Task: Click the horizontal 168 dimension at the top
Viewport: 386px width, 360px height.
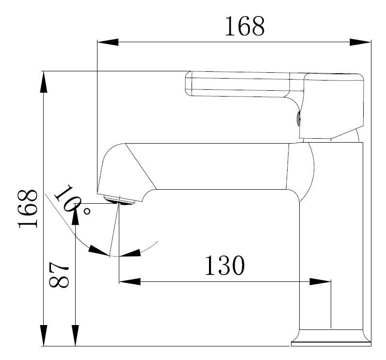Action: pyautogui.click(x=245, y=26)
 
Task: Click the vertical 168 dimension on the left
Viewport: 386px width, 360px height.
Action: pyautogui.click(x=28, y=209)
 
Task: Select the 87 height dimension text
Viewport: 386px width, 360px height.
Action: pyautogui.click(x=59, y=275)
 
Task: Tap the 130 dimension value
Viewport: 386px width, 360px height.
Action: pyautogui.click(x=225, y=265)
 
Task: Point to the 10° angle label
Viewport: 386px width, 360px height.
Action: pyautogui.click(x=71, y=199)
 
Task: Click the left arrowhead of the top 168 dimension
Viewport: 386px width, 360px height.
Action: pyautogui.click(x=108, y=42)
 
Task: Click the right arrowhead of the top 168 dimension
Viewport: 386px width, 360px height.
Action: pyautogui.click(x=360, y=42)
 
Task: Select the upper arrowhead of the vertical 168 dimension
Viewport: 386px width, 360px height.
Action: pyautogui.click(x=44, y=82)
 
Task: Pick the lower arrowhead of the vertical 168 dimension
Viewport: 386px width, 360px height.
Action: pyautogui.click(x=44, y=335)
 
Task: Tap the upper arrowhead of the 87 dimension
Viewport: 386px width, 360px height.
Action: pyautogui.click(x=75, y=214)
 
